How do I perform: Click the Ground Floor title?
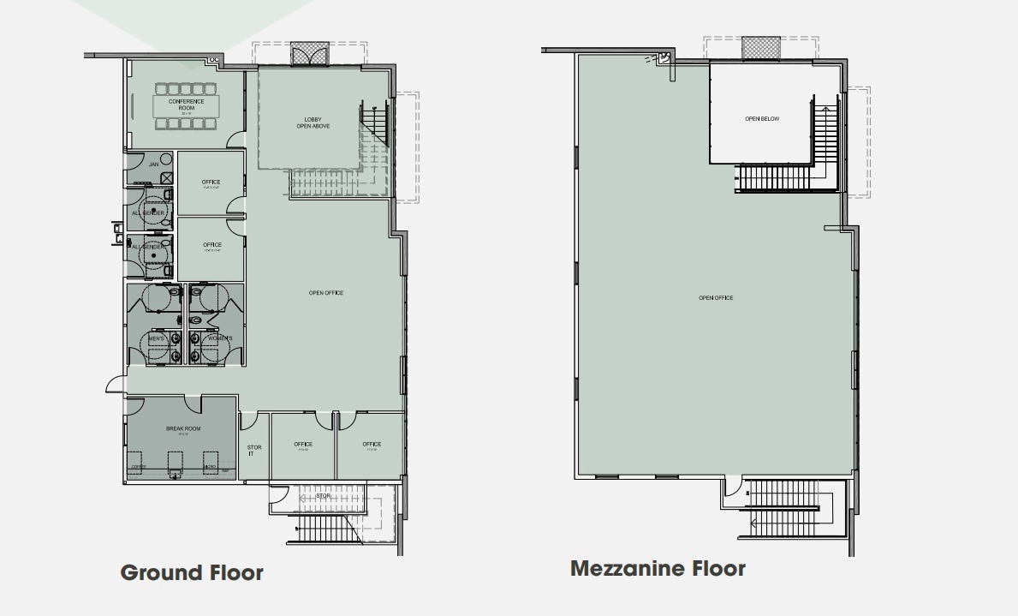pos(191,572)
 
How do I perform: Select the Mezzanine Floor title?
pos(658,568)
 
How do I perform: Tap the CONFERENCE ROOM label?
pos(186,105)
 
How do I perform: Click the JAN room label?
pos(153,164)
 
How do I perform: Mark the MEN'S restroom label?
pos(157,338)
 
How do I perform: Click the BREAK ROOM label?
pos(182,429)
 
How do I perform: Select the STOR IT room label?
pos(254,450)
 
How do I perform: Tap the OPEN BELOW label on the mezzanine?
pos(761,119)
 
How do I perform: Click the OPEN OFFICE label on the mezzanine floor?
pos(715,298)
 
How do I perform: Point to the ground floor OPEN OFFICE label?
pos(325,293)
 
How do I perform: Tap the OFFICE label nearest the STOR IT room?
pos(302,445)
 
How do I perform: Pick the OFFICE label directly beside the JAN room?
pos(211,182)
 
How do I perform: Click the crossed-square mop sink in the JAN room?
pos(167,178)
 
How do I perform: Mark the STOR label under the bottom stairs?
pos(323,496)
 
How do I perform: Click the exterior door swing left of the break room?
pos(115,385)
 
